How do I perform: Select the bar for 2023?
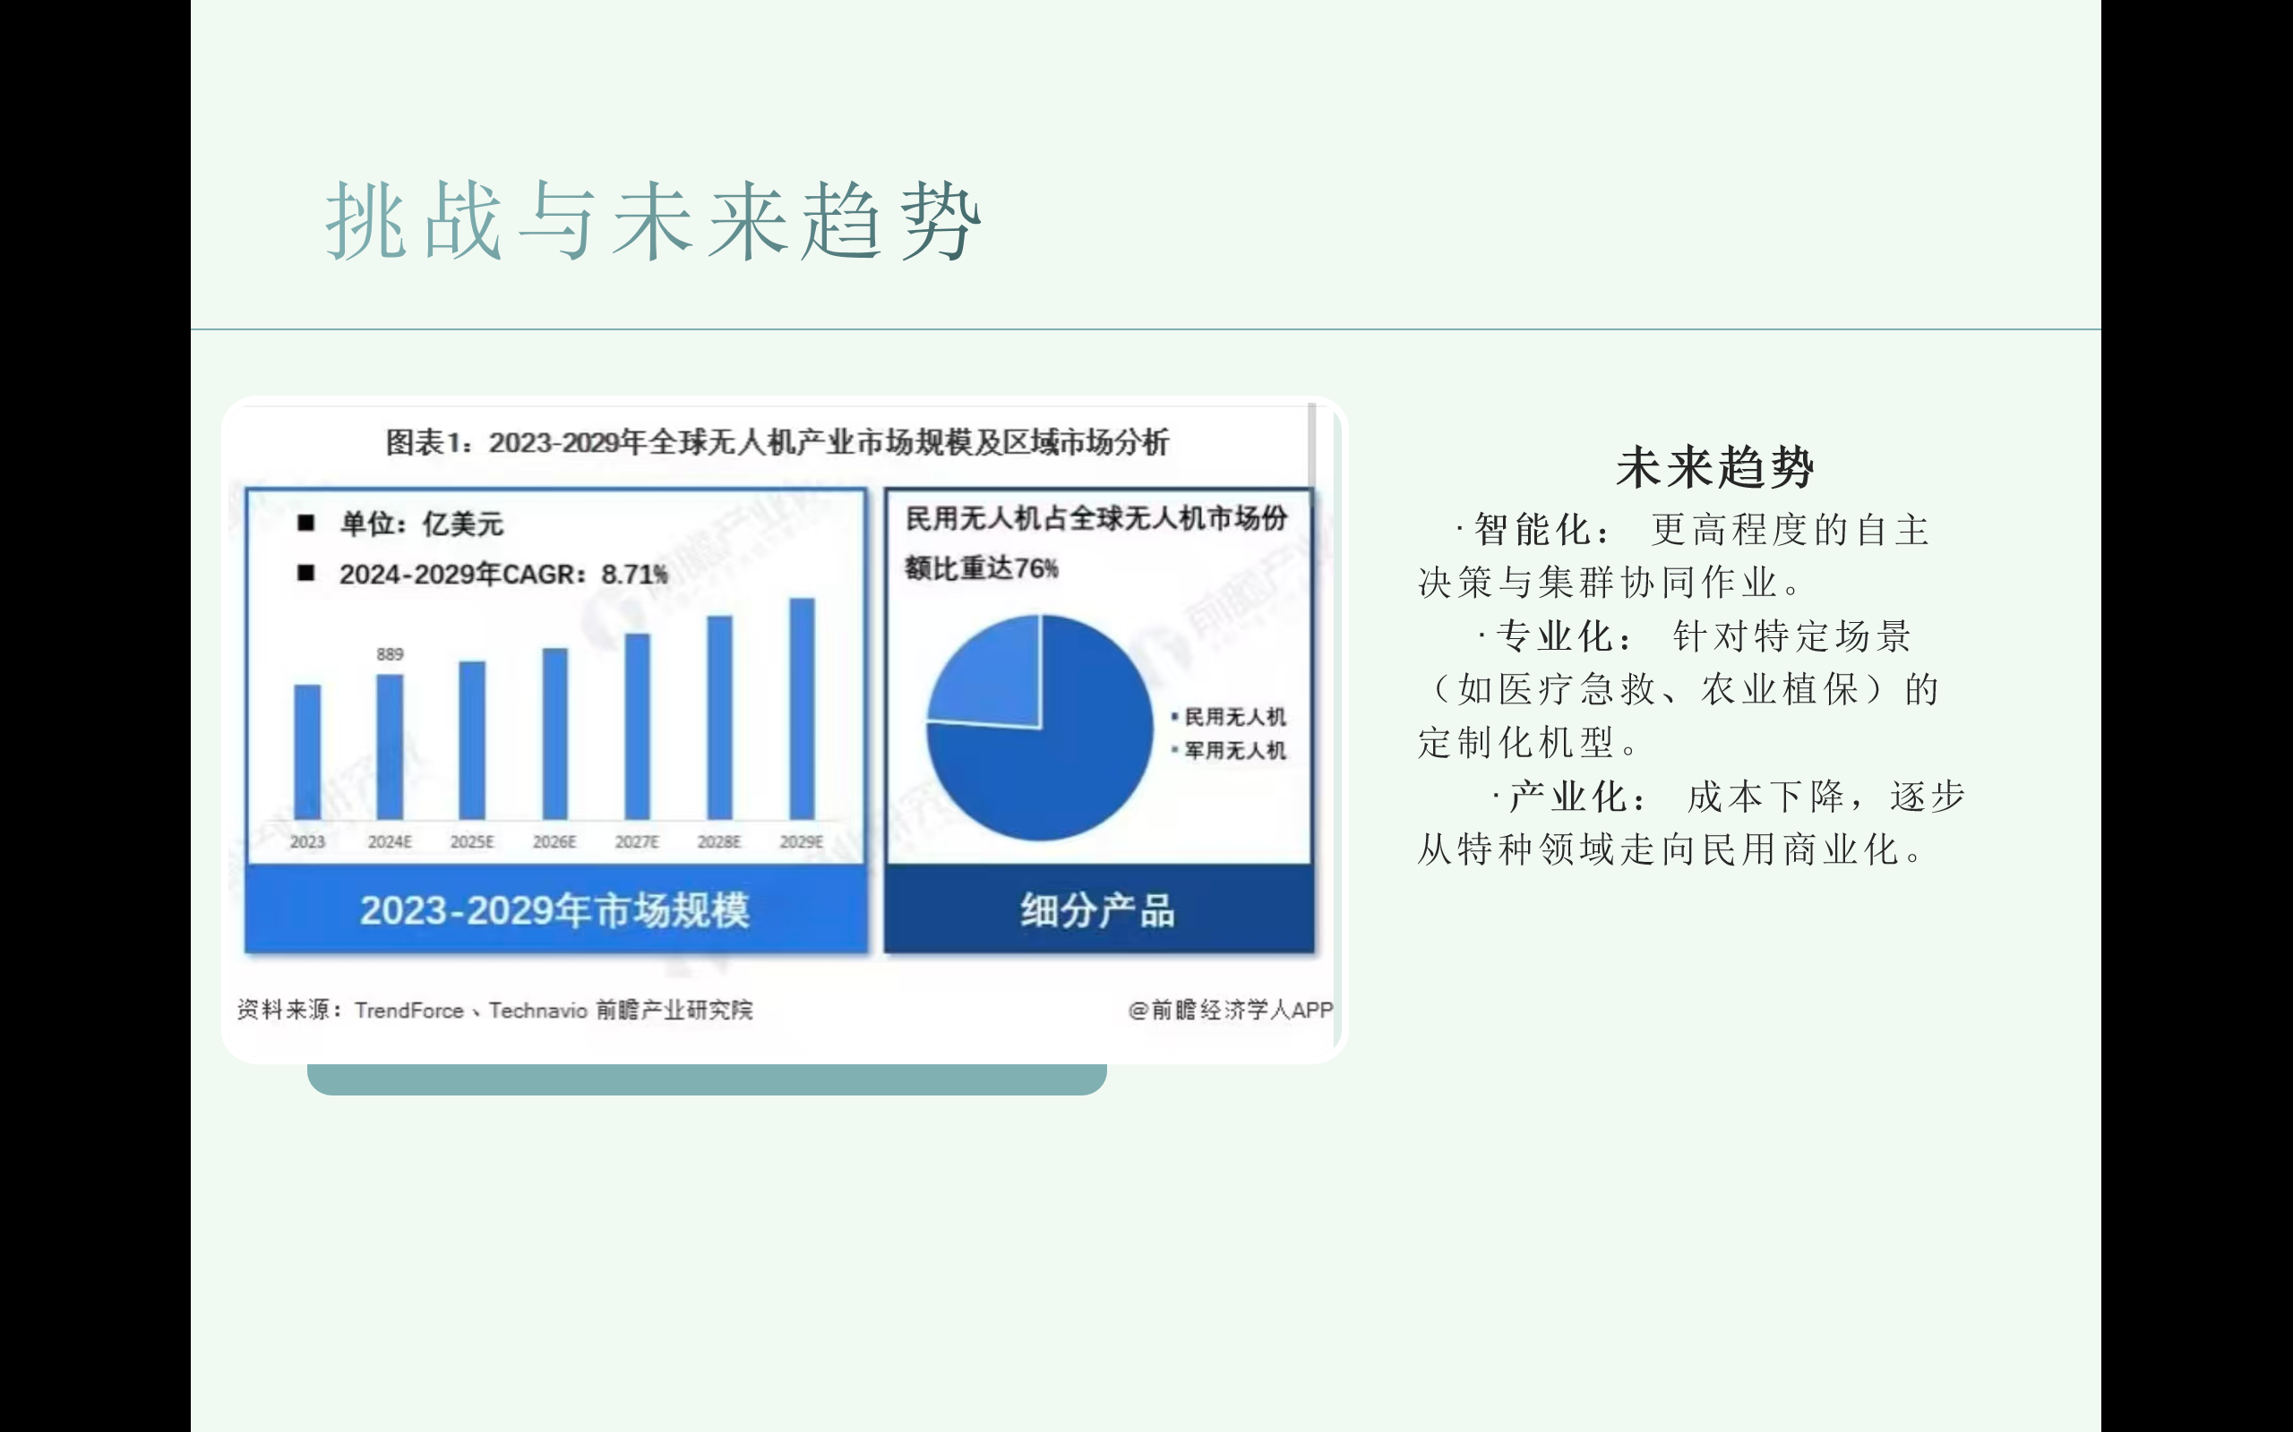coord(307,752)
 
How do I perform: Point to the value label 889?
coord(390,654)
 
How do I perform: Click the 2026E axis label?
coord(554,842)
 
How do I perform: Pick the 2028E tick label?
coord(719,842)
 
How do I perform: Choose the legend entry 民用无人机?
coord(1233,717)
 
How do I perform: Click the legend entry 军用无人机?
coord(1233,751)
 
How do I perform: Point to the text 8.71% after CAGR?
coord(634,575)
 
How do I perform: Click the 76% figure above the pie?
coord(1035,568)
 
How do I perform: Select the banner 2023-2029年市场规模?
coord(555,910)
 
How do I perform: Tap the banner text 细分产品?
coord(1097,910)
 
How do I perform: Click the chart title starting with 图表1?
coord(777,442)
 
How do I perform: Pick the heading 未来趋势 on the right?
coord(1714,468)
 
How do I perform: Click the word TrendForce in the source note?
coord(409,1010)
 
